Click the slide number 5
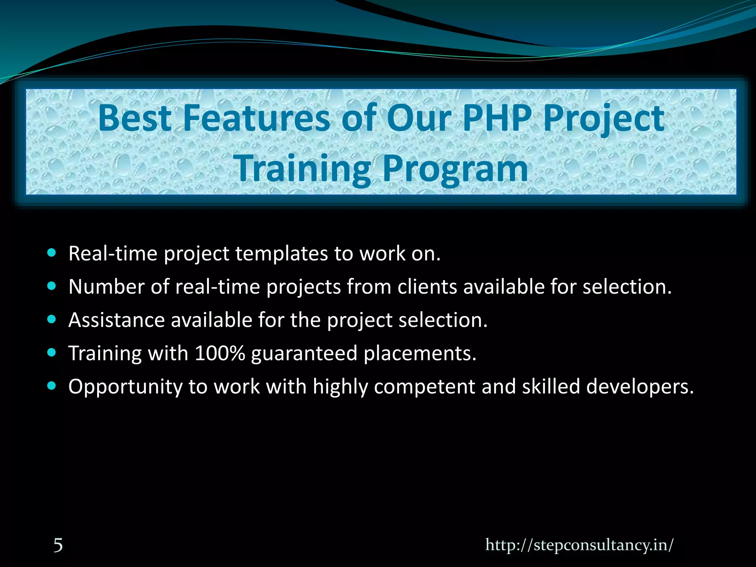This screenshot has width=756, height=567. point(58,545)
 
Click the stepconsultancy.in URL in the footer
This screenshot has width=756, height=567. point(579,544)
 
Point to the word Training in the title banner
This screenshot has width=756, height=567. point(303,169)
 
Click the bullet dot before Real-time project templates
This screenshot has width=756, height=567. point(52,253)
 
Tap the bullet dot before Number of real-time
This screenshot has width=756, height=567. point(52,286)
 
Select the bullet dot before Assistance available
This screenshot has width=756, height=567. point(52,319)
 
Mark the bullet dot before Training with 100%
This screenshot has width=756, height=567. point(52,353)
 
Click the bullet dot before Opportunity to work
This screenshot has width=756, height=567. point(52,386)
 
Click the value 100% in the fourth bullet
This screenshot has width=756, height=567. point(220,353)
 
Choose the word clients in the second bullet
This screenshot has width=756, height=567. point(427,287)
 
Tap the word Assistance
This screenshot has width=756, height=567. point(116,320)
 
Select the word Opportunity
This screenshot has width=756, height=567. point(126,387)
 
